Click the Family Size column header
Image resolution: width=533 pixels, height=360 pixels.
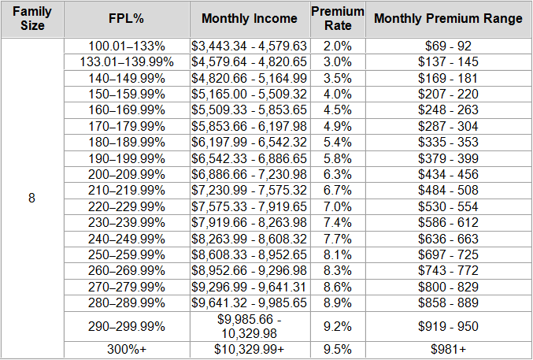(31, 19)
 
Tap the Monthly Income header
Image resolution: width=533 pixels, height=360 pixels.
(250, 19)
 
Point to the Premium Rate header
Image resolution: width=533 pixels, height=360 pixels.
(338, 19)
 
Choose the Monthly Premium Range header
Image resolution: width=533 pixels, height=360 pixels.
(448, 19)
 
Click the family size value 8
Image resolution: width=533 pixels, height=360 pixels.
(31, 198)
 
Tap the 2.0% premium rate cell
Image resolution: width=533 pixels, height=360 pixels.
(338, 46)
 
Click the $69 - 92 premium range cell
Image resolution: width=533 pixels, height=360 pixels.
(448, 46)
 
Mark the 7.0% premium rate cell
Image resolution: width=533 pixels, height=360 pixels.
(338, 206)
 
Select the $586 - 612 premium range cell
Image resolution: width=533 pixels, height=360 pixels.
(448, 221)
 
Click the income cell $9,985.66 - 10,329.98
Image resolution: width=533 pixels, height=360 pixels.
(250, 325)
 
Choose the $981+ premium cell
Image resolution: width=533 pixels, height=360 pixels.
(448, 350)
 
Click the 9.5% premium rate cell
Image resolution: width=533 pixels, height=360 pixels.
(338, 350)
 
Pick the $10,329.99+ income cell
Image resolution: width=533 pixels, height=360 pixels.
(250, 350)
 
